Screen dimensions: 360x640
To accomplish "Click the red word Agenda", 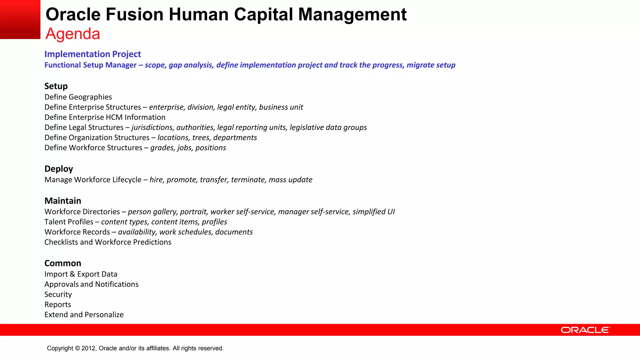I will (72, 34).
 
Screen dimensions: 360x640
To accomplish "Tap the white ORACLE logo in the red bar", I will (585, 330).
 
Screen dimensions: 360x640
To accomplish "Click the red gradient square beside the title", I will (20, 19).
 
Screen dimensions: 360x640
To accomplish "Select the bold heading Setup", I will (56, 86).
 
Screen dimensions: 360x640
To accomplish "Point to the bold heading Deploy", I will (59, 169).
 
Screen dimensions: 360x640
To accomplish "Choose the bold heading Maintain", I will (63, 201).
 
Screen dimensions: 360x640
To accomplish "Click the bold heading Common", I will (63, 263).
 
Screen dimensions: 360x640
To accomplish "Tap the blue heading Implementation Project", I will (92, 54).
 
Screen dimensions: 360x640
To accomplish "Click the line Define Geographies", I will (78, 97).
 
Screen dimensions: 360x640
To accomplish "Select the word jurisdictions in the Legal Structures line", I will (152, 127).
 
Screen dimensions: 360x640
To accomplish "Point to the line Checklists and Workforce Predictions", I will (108, 242).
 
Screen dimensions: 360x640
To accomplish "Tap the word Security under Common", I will (58, 294).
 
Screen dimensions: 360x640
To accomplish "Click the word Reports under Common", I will (58, 305).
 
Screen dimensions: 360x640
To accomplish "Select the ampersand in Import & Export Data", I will (72, 274).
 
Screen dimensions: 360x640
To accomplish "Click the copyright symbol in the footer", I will (77, 348).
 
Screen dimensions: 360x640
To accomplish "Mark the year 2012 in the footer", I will (89, 348).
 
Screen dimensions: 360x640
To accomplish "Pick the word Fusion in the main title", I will (134, 14).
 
